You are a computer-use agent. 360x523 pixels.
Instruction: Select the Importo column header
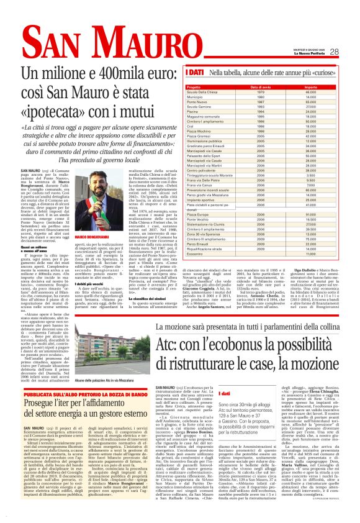coord(328,87)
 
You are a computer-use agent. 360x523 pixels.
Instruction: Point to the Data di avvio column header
coord(277,87)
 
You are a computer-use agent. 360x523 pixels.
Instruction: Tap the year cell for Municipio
coord(277,97)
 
